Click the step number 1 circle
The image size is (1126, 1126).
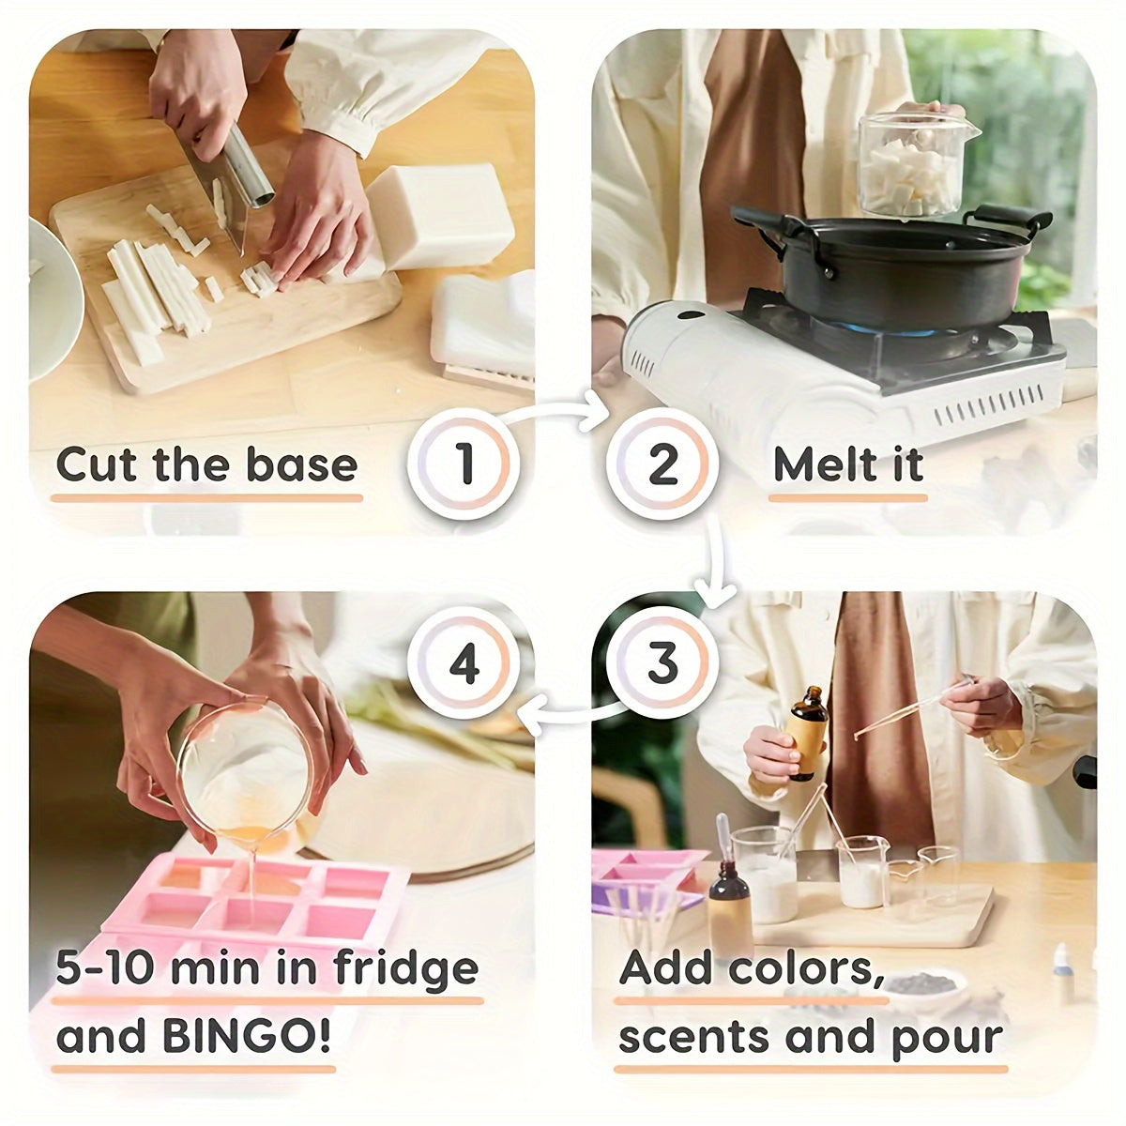(464, 464)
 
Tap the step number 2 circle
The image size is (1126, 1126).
(662, 464)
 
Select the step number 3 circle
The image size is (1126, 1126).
(662, 662)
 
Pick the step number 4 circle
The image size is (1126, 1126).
(464, 662)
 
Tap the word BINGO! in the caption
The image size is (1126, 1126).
(246, 1036)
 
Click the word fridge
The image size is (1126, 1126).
(405, 971)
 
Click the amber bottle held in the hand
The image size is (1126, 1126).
(806, 734)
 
